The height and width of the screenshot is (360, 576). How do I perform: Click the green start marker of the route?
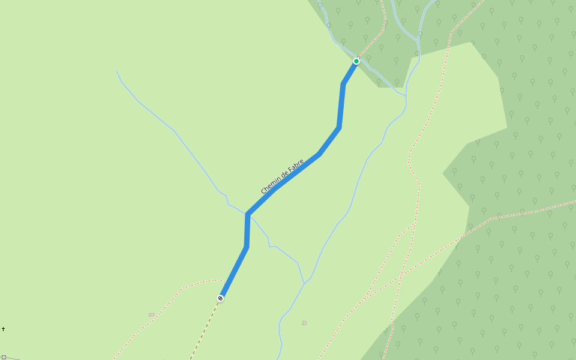pos(356,61)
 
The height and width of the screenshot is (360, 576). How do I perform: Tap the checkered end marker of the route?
pos(221,298)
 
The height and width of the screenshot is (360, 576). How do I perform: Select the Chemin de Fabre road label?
pos(283,176)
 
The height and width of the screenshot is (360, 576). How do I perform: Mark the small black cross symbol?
pos(4,329)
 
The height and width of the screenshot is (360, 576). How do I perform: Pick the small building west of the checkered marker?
pos(152,314)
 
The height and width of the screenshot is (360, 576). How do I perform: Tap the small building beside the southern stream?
pos(304,323)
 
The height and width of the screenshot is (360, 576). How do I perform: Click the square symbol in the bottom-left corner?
pos(4,358)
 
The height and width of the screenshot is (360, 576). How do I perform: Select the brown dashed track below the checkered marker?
pos(204,330)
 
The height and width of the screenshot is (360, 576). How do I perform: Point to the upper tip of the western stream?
pos(116,71)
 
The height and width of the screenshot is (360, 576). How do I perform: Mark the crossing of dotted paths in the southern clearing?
pos(367,295)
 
